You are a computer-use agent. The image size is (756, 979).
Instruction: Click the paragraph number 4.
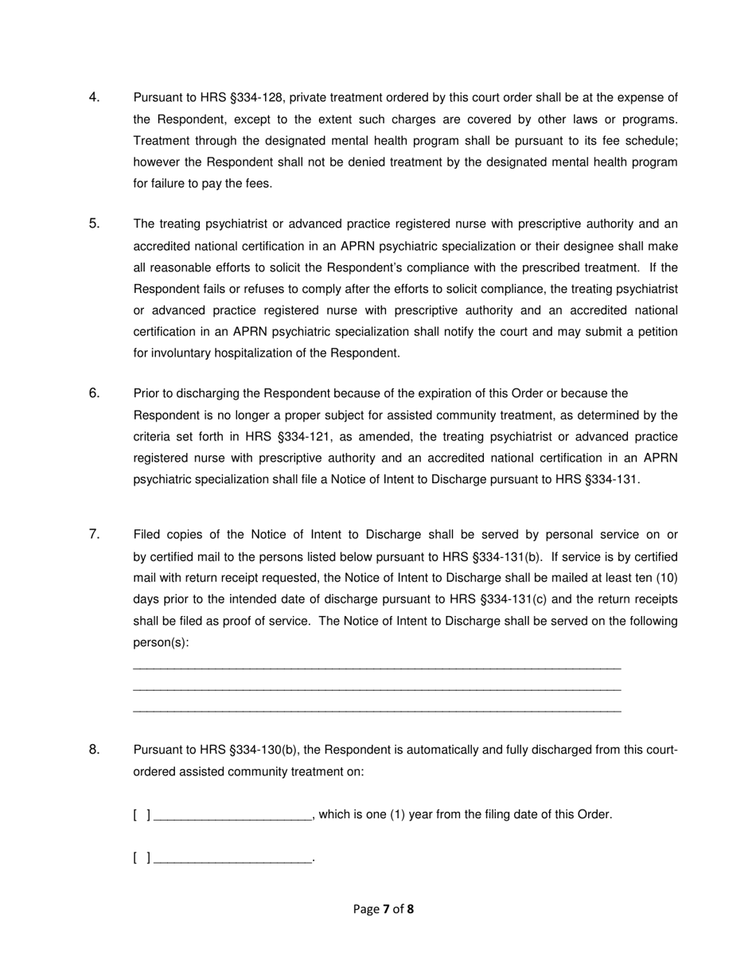click(x=94, y=97)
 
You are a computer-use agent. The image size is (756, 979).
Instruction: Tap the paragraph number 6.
click(x=94, y=392)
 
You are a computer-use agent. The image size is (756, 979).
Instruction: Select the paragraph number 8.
click(x=94, y=749)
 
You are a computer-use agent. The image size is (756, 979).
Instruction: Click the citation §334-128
click(x=255, y=98)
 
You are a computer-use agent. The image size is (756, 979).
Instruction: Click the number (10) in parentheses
click(x=667, y=578)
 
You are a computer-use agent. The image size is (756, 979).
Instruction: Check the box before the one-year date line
click(x=142, y=814)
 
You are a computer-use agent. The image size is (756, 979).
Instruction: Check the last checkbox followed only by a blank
click(x=142, y=857)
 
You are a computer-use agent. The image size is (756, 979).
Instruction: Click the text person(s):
click(x=161, y=642)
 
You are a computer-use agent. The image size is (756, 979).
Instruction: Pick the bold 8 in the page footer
click(x=411, y=909)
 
